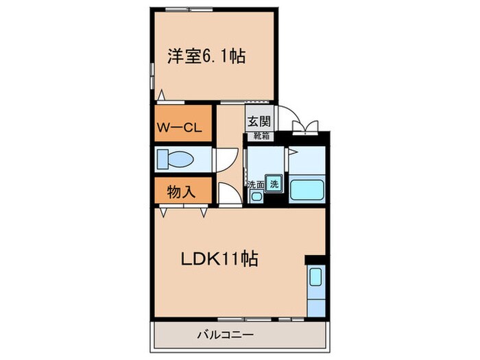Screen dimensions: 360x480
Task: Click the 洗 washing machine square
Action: [274, 184]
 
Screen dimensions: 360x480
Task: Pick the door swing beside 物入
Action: [228, 193]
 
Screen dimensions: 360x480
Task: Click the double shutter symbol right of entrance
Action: [304, 125]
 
